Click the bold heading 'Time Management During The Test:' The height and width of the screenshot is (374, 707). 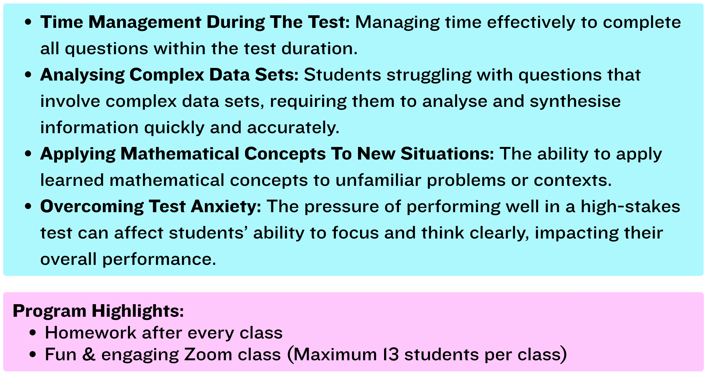click(x=195, y=22)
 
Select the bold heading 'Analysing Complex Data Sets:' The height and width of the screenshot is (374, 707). click(x=169, y=75)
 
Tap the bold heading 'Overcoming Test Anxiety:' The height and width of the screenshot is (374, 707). click(x=151, y=207)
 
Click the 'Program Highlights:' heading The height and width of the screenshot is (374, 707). click(x=98, y=311)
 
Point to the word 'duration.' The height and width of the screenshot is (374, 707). click(x=319, y=48)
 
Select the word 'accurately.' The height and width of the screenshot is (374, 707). click(x=293, y=128)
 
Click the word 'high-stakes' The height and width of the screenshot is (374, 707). click(x=631, y=207)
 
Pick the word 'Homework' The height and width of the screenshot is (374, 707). click(x=91, y=333)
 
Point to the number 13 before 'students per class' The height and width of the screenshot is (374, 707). click(x=391, y=355)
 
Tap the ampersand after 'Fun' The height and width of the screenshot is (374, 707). click(x=89, y=355)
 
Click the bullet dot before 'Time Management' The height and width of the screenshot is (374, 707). click(x=28, y=22)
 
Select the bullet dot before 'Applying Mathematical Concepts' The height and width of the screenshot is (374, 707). click(x=28, y=154)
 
